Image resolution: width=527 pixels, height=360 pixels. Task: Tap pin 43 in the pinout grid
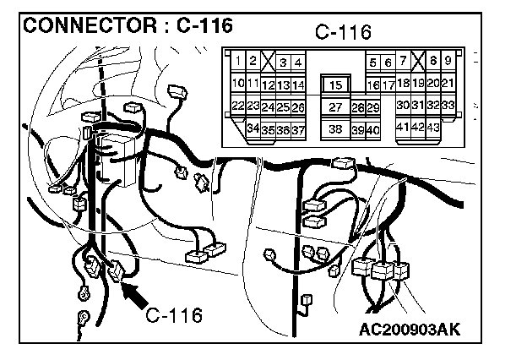[x=433, y=127]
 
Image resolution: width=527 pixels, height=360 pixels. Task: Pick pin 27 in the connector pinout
[x=336, y=107]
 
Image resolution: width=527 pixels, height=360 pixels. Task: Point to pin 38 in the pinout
[x=336, y=129]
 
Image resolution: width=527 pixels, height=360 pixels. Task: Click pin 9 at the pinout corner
[x=448, y=61]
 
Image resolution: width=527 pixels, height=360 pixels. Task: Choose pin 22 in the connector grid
[x=238, y=106]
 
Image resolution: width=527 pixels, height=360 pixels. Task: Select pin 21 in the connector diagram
[x=448, y=83]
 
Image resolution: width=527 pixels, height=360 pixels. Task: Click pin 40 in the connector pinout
[x=372, y=130]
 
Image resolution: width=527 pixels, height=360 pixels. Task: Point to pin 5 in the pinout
[x=373, y=63]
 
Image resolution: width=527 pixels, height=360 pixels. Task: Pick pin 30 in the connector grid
[x=404, y=105]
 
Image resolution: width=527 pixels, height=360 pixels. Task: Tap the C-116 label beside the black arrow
[x=174, y=316]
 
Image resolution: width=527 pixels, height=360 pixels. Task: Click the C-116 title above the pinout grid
[x=343, y=33]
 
